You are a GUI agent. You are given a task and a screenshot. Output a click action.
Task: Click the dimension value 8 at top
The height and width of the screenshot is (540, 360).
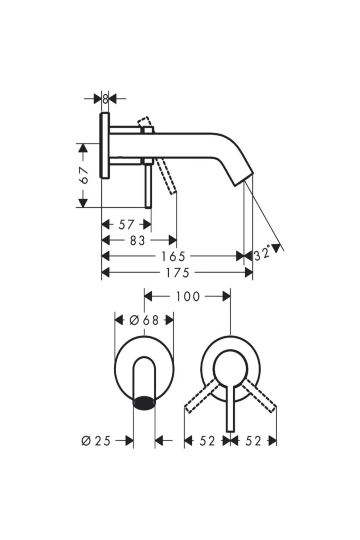105,99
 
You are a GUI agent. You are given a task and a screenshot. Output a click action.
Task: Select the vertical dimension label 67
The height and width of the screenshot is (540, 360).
84,175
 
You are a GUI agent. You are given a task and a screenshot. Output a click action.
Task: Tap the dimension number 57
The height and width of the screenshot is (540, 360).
126,224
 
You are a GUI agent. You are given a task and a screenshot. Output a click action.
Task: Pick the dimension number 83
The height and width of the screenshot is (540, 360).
138,240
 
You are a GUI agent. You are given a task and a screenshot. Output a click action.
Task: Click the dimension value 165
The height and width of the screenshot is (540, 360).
174,256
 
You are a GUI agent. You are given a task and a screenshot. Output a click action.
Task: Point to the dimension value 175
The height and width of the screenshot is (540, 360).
177,273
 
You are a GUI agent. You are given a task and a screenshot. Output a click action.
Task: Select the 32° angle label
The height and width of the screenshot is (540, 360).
262,254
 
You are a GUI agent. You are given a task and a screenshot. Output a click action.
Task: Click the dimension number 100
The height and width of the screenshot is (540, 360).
187,297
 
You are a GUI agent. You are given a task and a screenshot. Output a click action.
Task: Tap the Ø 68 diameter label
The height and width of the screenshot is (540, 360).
144,320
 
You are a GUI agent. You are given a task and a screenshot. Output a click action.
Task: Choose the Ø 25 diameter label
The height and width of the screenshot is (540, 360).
96,441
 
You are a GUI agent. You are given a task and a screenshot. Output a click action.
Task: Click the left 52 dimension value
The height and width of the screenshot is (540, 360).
207,441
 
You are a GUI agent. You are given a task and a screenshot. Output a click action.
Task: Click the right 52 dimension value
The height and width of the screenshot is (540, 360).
253,441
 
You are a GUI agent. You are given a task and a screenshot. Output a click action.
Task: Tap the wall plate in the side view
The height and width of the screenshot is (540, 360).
105,145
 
